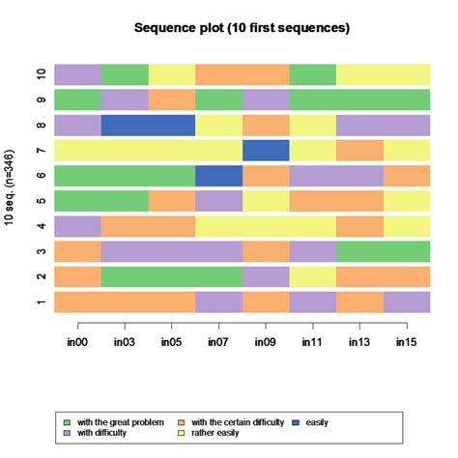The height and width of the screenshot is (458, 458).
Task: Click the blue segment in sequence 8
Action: point(148,125)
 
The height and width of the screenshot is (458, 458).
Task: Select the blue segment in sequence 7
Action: point(266,150)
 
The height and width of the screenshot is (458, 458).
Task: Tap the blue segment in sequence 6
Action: point(218,175)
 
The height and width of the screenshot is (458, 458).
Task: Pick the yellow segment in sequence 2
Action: point(312,276)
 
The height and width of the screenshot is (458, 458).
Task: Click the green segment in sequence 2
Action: point(171,276)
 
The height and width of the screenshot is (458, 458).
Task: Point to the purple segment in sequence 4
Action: point(77,226)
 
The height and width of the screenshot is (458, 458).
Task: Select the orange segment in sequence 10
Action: point(242,74)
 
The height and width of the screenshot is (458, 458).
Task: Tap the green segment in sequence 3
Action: point(383,251)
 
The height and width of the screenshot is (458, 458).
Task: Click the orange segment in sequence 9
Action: point(171,100)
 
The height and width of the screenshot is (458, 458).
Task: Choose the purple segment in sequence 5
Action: point(218,201)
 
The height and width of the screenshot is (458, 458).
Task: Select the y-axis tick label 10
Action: point(41,74)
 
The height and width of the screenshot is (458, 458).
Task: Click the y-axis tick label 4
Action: point(41,226)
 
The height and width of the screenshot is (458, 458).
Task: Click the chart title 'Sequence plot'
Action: point(242,28)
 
